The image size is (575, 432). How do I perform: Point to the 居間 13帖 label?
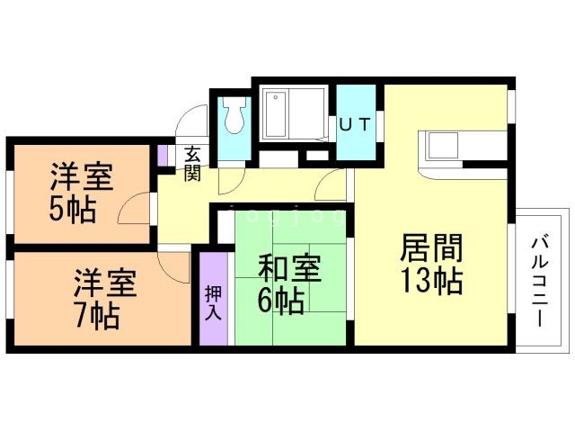coord(430,263)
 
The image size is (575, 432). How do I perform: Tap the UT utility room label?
coord(354,126)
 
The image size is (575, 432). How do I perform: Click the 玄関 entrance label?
coord(192,163)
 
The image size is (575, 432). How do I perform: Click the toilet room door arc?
coord(230,176)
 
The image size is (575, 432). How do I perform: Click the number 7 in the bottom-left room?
coord(83,317)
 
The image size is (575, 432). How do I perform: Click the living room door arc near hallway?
coord(332,185)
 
